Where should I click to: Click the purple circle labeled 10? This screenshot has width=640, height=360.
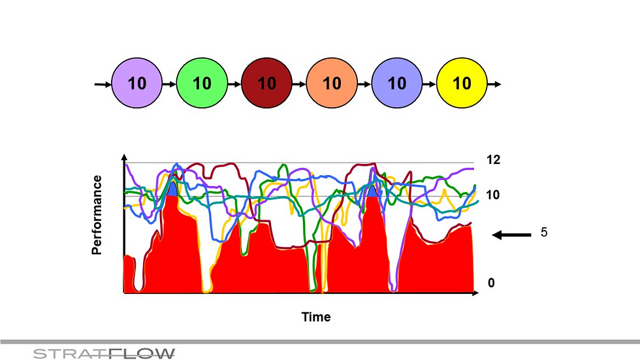click(x=137, y=84)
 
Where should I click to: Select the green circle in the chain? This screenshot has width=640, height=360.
click(x=202, y=84)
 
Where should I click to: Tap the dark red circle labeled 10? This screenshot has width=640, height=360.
click(x=266, y=84)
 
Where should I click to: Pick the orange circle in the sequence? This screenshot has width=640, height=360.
click(x=332, y=84)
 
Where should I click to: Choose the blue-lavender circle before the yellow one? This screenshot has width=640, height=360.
click(x=396, y=84)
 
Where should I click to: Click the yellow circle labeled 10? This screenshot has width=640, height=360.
click(x=462, y=84)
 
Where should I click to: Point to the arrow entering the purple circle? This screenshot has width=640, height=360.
click(x=103, y=84)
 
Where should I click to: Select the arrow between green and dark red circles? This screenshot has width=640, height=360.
click(x=234, y=84)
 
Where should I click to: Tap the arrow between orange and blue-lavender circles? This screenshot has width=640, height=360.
click(x=364, y=84)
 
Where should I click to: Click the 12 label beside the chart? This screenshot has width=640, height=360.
click(x=493, y=159)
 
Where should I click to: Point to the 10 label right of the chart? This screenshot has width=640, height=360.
click(x=493, y=195)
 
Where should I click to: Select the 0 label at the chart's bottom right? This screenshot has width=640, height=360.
click(x=491, y=283)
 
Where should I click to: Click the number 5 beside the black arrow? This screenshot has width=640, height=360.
click(x=544, y=233)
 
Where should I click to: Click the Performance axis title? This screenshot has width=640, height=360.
click(x=97, y=214)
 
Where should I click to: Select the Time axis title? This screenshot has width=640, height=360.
click(x=316, y=317)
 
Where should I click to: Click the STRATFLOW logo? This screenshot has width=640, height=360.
click(x=104, y=353)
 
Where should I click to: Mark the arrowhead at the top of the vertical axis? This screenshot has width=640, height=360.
click(x=124, y=159)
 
